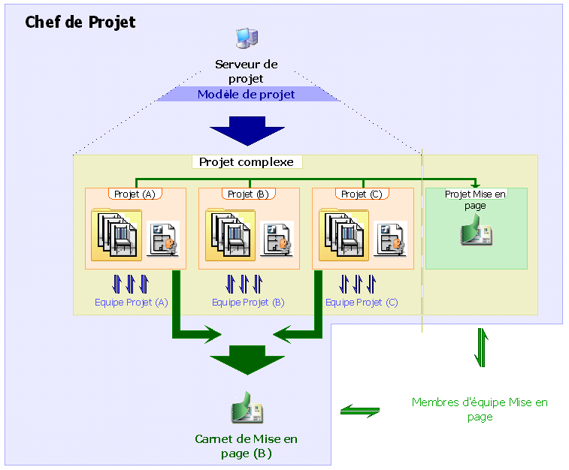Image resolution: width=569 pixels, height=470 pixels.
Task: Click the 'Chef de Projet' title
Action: pyautogui.click(x=80, y=22)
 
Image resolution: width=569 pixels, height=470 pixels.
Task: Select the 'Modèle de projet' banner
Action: pyautogui.click(x=247, y=95)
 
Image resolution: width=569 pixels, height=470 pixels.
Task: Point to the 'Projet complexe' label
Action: pyautogui.click(x=247, y=162)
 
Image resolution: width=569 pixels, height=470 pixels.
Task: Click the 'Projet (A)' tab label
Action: pyautogui.click(x=135, y=194)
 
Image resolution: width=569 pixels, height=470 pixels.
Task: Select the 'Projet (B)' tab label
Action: pyautogui.click(x=248, y=194)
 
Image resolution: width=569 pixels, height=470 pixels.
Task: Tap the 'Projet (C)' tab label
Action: pyautogui.click(x=362, y=194)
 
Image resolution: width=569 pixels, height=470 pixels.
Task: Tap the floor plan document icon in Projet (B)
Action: pyautogui.click(x=277, y=239)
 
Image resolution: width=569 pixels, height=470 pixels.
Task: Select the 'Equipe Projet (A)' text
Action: pyautogui.click(x=132, y=303)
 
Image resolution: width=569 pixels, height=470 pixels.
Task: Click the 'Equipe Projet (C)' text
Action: pyautogui.click(x=362, y=303)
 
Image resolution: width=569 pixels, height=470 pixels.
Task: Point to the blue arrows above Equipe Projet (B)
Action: pyautogui.click(x=245, y=284)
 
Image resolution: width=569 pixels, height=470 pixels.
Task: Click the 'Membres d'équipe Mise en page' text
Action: pyautogui.click(x=480, y=409)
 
